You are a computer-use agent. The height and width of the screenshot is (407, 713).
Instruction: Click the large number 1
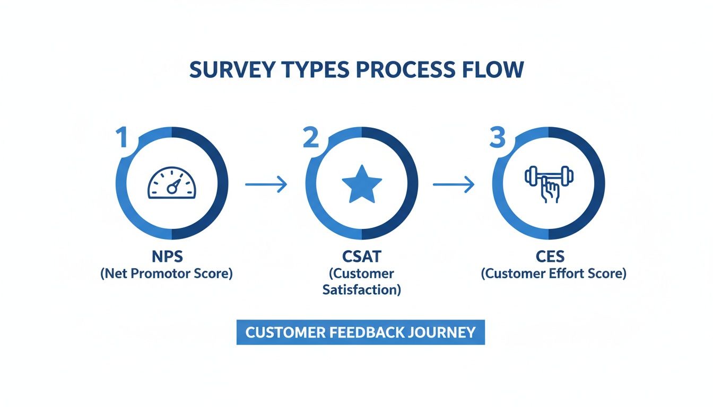tap(123, 138)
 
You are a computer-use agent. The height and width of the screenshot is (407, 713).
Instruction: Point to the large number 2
tap(311, 138)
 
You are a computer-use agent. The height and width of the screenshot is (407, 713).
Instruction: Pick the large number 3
tap(498, 137)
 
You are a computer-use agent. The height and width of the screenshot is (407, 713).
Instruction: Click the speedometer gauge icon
tap(171, 184)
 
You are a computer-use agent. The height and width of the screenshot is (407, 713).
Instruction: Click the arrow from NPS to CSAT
tap(266, 184)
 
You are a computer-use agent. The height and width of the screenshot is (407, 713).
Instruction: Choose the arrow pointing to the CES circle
tap(454, 184)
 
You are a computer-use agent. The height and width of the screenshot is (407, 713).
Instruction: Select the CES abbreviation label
tap(550, 257)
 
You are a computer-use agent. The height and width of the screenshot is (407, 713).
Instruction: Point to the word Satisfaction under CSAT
tap(361, 290)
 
